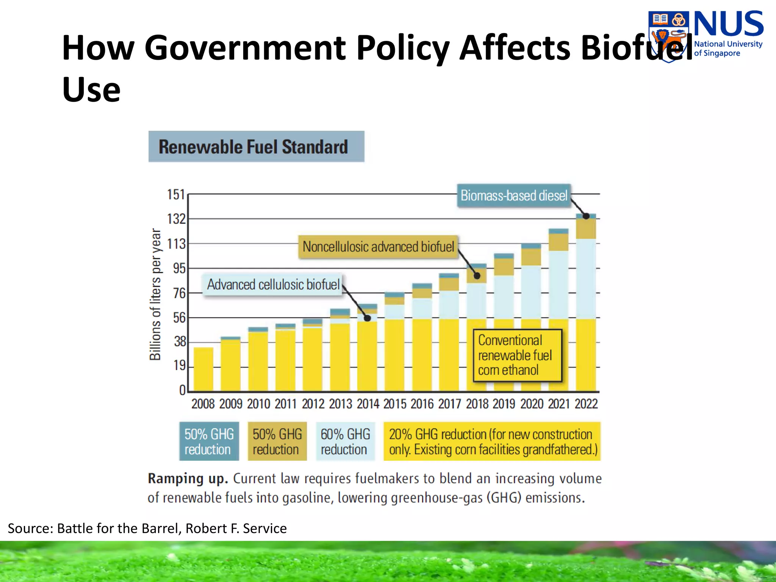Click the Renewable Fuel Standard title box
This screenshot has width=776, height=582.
coord(256,147)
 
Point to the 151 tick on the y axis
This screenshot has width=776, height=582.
coord(176,194)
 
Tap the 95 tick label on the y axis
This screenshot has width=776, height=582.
coord(179,268)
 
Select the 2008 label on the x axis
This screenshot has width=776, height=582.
coord(203,404)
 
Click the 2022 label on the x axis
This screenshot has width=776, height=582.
coord(586,404)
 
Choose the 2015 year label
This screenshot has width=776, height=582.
coord(394,404)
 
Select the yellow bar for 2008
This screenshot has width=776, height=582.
coord(203,369)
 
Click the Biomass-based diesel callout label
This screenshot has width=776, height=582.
coord(514,196)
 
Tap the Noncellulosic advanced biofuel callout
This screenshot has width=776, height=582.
coord(378,247)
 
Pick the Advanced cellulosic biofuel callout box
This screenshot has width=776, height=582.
coord(273,285)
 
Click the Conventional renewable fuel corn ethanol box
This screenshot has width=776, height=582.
coord(517,355)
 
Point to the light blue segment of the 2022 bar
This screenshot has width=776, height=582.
coord(586,278)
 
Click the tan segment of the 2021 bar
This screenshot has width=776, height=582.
coord(559,242)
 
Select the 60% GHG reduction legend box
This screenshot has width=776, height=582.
coord(345,441)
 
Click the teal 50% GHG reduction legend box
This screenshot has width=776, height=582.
coord(209,441)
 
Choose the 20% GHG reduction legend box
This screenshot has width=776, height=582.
coord(492,441)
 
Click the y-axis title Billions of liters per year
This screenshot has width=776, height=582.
coord(155,294)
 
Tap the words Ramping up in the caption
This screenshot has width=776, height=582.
coord(188,479)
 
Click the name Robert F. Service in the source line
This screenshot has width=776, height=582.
coord(236,528)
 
